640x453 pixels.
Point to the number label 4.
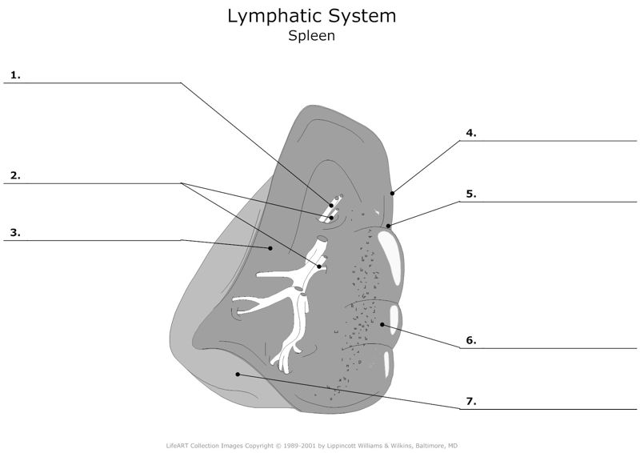471,133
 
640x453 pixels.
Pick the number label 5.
471,193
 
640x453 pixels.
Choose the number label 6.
471,340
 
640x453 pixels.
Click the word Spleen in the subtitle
311,36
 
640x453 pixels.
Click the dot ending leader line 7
238,374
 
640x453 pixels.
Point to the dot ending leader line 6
383,324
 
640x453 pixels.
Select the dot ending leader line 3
270,249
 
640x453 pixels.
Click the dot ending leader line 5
388,226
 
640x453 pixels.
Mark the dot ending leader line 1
331,206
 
